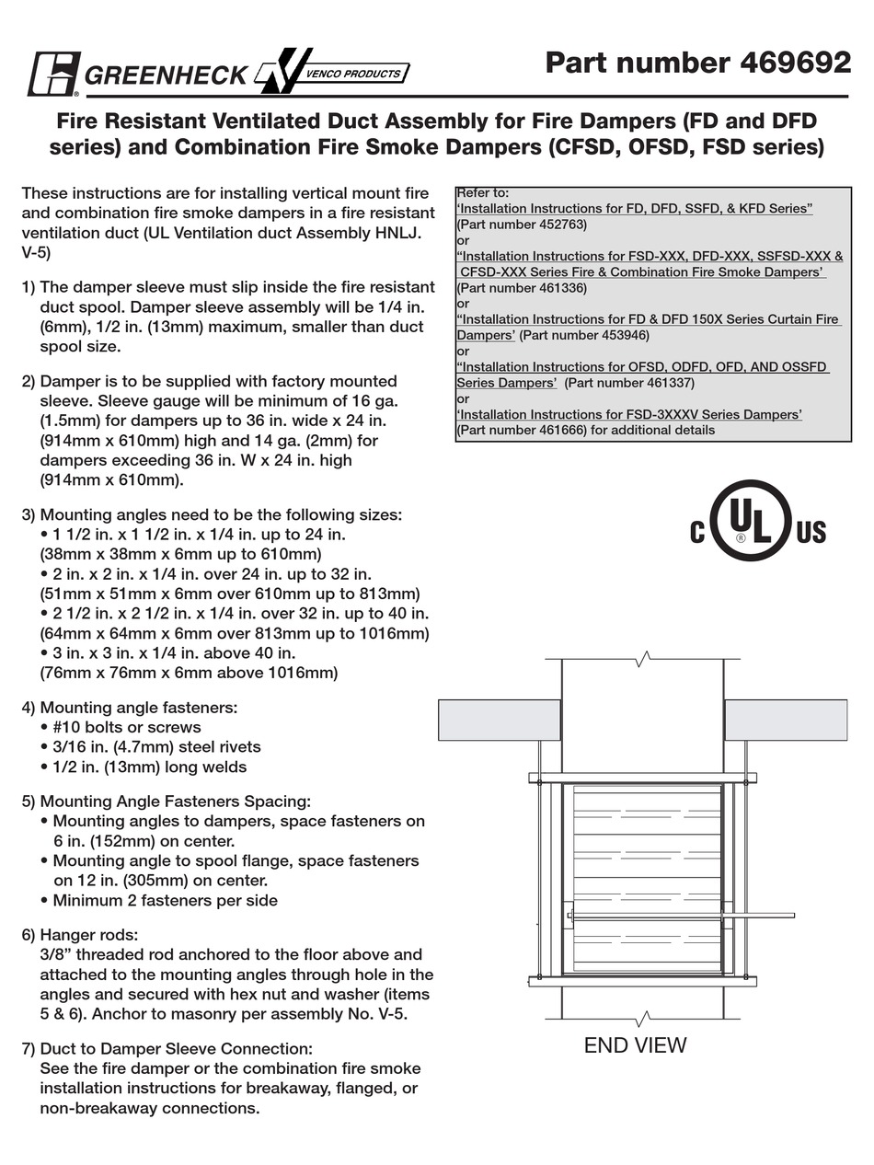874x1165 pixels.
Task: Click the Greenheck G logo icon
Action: coord(54,75)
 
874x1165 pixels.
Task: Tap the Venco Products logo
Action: coord(331,73)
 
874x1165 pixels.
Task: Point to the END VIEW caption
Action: coord(635,1045)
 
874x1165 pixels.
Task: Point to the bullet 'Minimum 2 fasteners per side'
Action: coord(165,901)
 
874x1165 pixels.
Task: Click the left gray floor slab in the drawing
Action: coord(499,720)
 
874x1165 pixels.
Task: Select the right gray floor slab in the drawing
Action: coord(786,720)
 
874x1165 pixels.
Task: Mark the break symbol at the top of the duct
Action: coord(643,659)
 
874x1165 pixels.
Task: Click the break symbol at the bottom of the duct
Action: coord(643,1019)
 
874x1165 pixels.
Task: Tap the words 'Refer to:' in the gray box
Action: coord(483,193)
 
